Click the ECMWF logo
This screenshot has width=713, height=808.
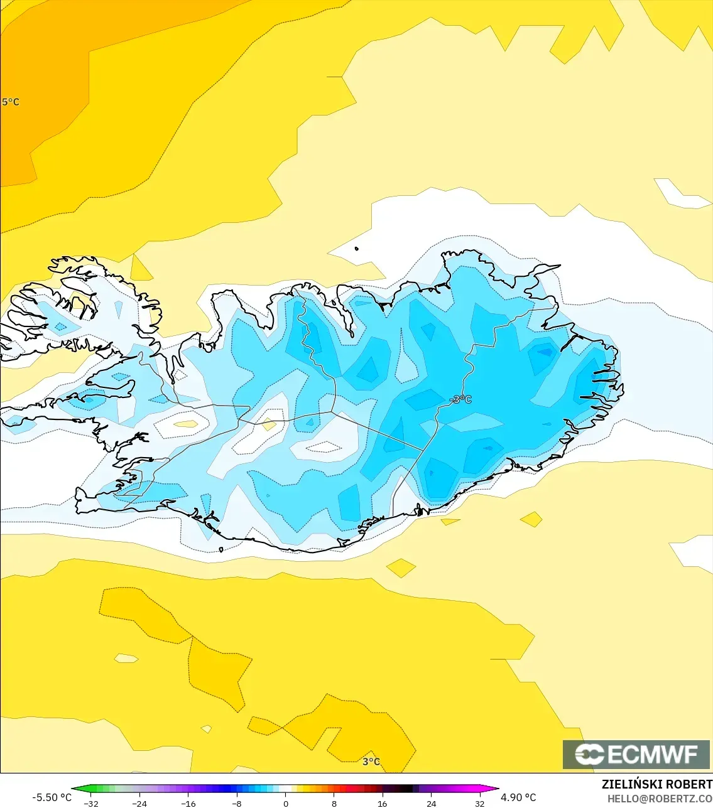coord(636,754)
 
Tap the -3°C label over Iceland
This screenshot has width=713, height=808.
coord(462,399)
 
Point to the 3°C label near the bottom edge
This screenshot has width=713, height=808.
coord(371,762)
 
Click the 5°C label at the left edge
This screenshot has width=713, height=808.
coord(10,102)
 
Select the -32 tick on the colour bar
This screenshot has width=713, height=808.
coord(91,803)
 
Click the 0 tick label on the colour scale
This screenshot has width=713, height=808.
coord(286,803)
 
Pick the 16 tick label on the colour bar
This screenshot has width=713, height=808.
coord(383,803)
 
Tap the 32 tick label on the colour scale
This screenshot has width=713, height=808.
coord(480,803)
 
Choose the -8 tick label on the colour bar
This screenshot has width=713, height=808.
coord(236,803)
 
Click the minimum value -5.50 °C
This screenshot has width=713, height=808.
coord(52,797)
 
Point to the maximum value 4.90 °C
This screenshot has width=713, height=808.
coord(518,797)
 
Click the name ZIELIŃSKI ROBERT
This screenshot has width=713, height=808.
coord(656,784)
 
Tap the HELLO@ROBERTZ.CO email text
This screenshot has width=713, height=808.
coord(660,799)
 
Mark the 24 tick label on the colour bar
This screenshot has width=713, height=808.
coord(431,803)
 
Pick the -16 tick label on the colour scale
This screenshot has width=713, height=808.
coord(188,803)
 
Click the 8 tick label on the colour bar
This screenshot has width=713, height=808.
coord(334,803)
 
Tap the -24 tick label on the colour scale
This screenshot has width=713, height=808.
coord(139,803)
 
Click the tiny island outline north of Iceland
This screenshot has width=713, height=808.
coord(356,249)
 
